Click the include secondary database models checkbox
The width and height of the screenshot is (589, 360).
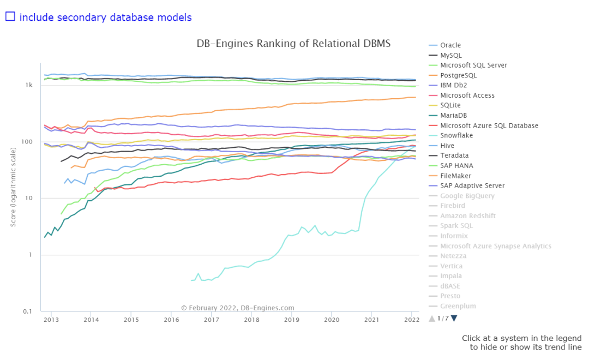point(10,16)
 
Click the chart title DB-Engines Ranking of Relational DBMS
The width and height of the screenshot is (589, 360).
point(293,44)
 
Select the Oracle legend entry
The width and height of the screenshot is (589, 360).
point(450,45)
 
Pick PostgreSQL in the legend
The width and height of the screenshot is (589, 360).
point(458,75)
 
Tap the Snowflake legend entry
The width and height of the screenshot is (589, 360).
point(456,135)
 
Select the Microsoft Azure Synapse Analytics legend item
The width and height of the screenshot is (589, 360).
point(496,246)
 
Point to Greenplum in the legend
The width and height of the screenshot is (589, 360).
point(458,306)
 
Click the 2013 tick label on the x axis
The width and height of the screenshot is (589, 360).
point(51,320)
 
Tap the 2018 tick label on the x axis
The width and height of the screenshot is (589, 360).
point(251,320)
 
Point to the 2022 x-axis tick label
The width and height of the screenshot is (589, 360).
point(412,320)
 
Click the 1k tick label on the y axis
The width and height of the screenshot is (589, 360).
point(29,86)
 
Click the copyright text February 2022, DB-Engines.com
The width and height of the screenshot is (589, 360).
point(238,308)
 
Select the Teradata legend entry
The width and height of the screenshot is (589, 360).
point(454,155)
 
